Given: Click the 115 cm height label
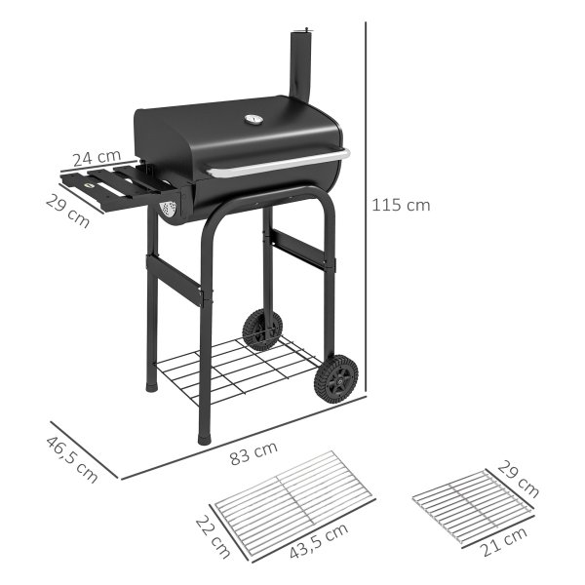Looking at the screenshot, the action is [x=401, y=205].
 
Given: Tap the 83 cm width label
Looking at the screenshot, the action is [x=253, y=453].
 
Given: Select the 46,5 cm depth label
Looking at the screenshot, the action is [x=72, y=459].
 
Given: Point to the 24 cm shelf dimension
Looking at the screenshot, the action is [x=97, y=158].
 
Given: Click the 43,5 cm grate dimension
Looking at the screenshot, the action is [x=320, y=541].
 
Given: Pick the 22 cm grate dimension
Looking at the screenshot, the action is [x=213, y=536].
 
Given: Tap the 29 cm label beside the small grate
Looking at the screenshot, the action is [x=519, y=479].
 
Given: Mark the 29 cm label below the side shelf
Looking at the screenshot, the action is [x=67, y=212].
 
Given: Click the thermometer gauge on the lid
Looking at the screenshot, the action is [x=254, y=119].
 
